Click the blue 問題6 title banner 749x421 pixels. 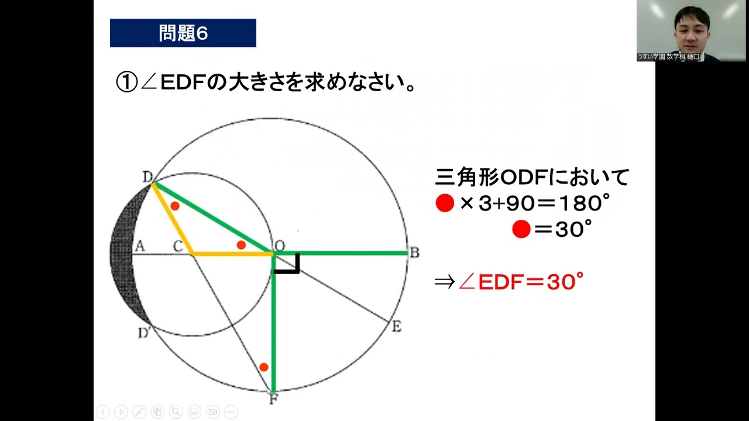183,33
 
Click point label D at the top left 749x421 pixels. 147,177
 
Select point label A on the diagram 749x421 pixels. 139,246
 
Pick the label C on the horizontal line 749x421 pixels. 178,247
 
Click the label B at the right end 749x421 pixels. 414,253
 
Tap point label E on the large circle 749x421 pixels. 396,327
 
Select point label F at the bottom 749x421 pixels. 273,400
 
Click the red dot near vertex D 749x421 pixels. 175,206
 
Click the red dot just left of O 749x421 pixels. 241,245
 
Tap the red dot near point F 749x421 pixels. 264,367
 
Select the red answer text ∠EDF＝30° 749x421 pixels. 521,282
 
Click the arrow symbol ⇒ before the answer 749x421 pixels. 444,283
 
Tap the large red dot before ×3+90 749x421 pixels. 445,203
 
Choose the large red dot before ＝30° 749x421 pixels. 521,230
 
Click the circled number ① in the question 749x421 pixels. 126,82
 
